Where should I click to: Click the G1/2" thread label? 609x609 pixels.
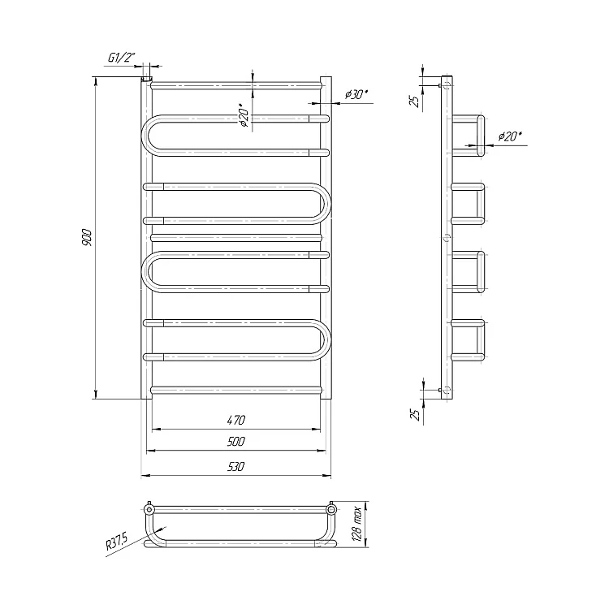coord(121,58)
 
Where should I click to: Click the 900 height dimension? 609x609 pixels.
coord(88,238)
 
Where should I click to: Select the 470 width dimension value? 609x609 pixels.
coord(235,420)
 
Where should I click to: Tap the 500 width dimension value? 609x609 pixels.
coord(235,443)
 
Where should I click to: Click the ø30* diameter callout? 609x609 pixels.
coord(356,95)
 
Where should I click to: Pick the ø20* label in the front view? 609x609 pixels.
coord(243,115)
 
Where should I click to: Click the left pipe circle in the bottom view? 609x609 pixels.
coord(149,509)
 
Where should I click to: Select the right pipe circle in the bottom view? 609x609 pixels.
coord(331,509)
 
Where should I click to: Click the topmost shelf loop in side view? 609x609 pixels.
coord(479,135)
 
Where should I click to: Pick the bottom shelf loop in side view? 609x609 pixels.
coord(479,340)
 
